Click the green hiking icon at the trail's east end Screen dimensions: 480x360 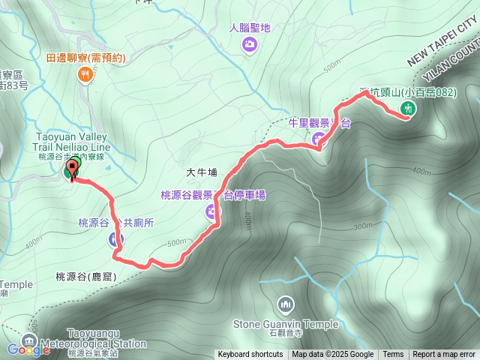coord(408,109)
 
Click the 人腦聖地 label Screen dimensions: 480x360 coord(249,28)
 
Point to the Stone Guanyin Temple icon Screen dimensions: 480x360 coord(285,304)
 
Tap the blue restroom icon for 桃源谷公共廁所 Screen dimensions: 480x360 coord(114,240)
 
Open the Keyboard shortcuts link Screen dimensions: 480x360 coord(250,355)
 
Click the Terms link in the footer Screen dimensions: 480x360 coord(393,355)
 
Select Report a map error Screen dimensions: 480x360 coord(444,355)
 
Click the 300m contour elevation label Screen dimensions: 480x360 coord(362,226)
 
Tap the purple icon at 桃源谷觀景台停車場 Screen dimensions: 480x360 coord(214,212)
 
